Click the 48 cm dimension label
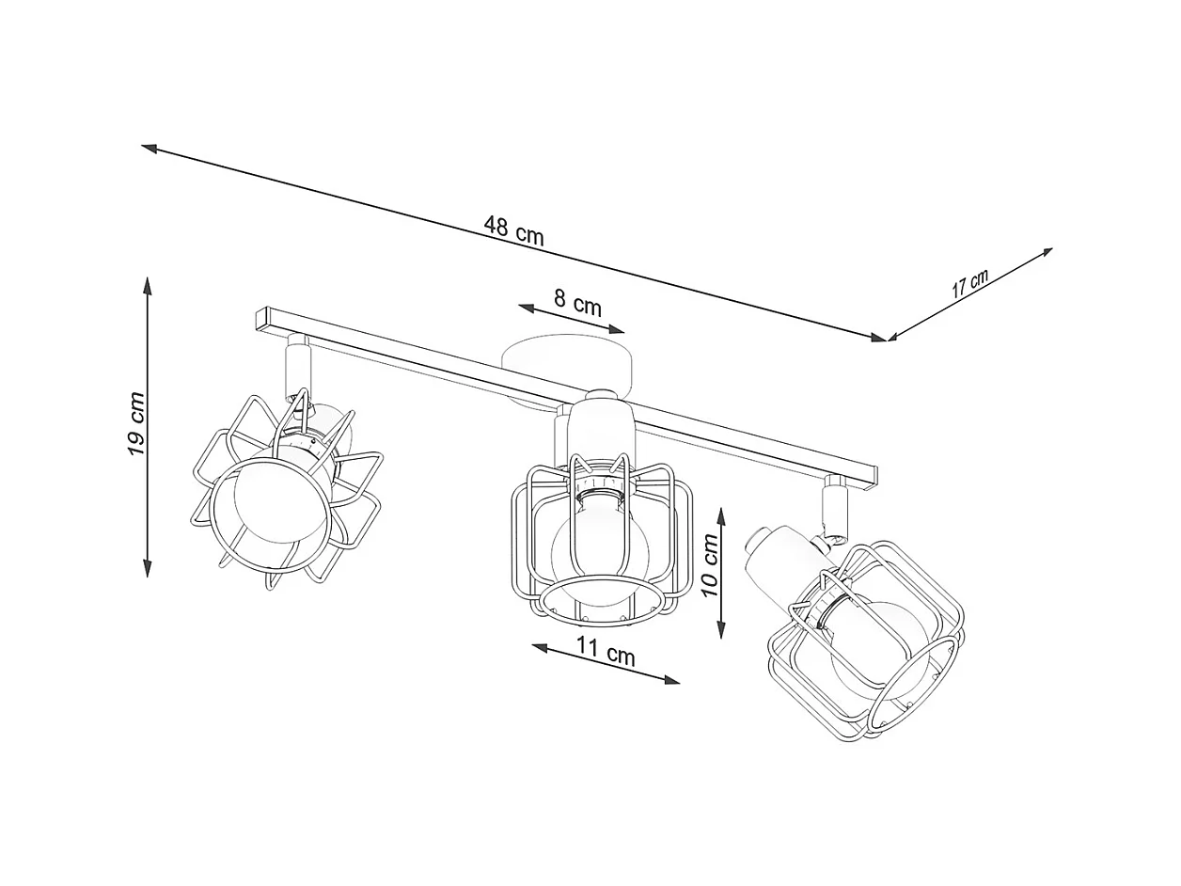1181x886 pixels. (513, 230)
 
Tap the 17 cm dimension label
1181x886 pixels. (969, 284)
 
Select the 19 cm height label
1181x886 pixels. (136, 424)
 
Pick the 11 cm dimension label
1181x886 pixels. (606, 650)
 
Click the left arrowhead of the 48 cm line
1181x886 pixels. (150, 148)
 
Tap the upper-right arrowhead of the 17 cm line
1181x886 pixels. (1046, 251)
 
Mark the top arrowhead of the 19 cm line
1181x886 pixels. (148, 286)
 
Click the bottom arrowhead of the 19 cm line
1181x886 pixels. (148, 568)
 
